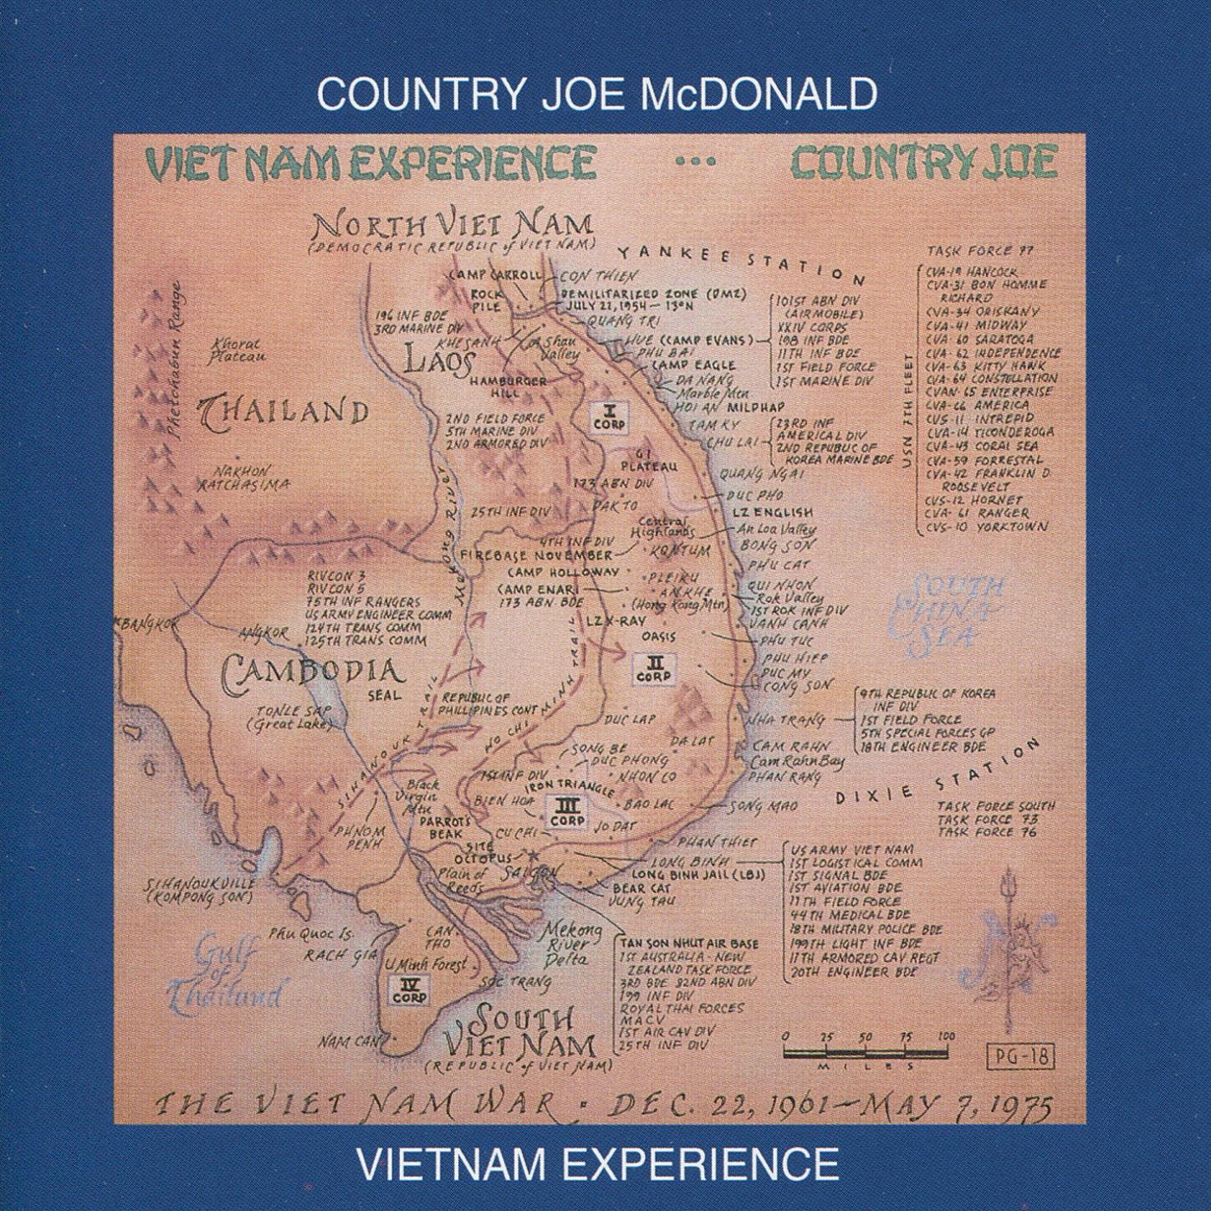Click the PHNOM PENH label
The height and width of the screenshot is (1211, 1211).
(x=360, y=837)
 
